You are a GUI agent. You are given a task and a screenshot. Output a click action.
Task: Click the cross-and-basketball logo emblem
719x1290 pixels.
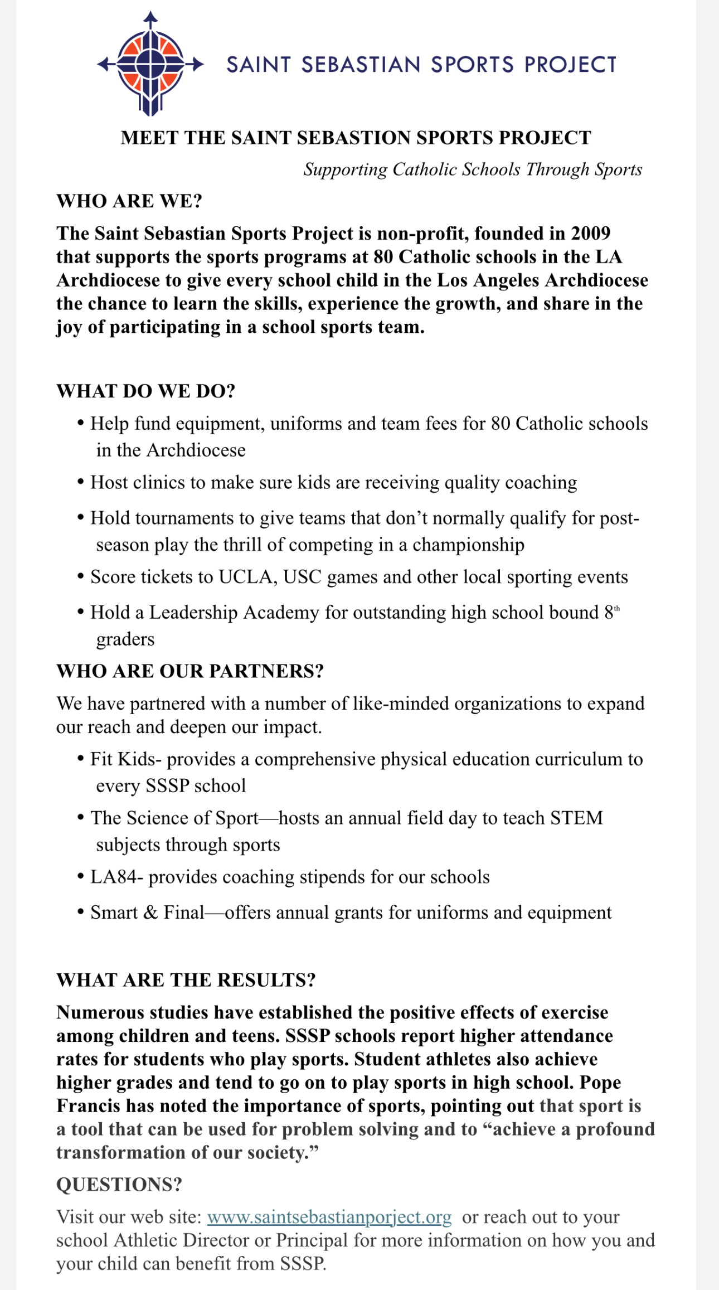point(150,64)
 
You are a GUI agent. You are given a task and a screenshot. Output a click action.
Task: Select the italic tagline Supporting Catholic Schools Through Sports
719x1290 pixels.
point(473,169)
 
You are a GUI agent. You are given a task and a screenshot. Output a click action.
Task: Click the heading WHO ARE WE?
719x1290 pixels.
point(129,201)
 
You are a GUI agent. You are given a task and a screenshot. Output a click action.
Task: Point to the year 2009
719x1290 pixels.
point(590,233)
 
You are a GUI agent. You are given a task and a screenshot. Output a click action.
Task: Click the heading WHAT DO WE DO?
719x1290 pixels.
point(146,391)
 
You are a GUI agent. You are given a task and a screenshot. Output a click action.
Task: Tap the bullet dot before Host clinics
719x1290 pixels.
point(81,482)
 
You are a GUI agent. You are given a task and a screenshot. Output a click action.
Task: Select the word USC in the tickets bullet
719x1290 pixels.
point(303,577)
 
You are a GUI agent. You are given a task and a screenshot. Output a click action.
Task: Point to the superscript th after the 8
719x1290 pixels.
point(616,608)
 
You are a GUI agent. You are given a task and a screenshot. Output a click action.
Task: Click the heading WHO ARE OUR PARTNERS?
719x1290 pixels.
point(190,671)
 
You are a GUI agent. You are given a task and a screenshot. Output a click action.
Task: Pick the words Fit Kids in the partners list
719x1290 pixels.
point(123,759)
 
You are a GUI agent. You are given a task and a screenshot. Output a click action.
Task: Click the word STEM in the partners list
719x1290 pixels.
point(576,818)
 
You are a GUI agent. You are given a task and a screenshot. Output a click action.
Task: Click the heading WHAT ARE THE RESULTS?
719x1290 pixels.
point(186,980)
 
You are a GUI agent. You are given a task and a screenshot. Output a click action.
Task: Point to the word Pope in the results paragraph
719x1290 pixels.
point(600,1083)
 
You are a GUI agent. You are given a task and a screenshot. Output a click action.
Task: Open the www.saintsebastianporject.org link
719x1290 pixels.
point(329,1217)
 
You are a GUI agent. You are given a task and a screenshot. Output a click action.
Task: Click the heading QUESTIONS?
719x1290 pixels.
point(119,1185)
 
